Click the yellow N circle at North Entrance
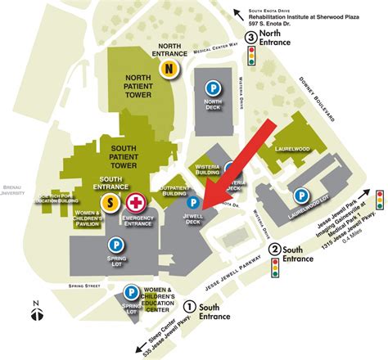tap(169, 70)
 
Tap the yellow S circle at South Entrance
tap(111, 200)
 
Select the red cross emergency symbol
tap(135, 200)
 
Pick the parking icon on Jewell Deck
tap(194, 201)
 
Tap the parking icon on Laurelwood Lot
tap(301, 196)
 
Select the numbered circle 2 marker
tap(276, 250)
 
